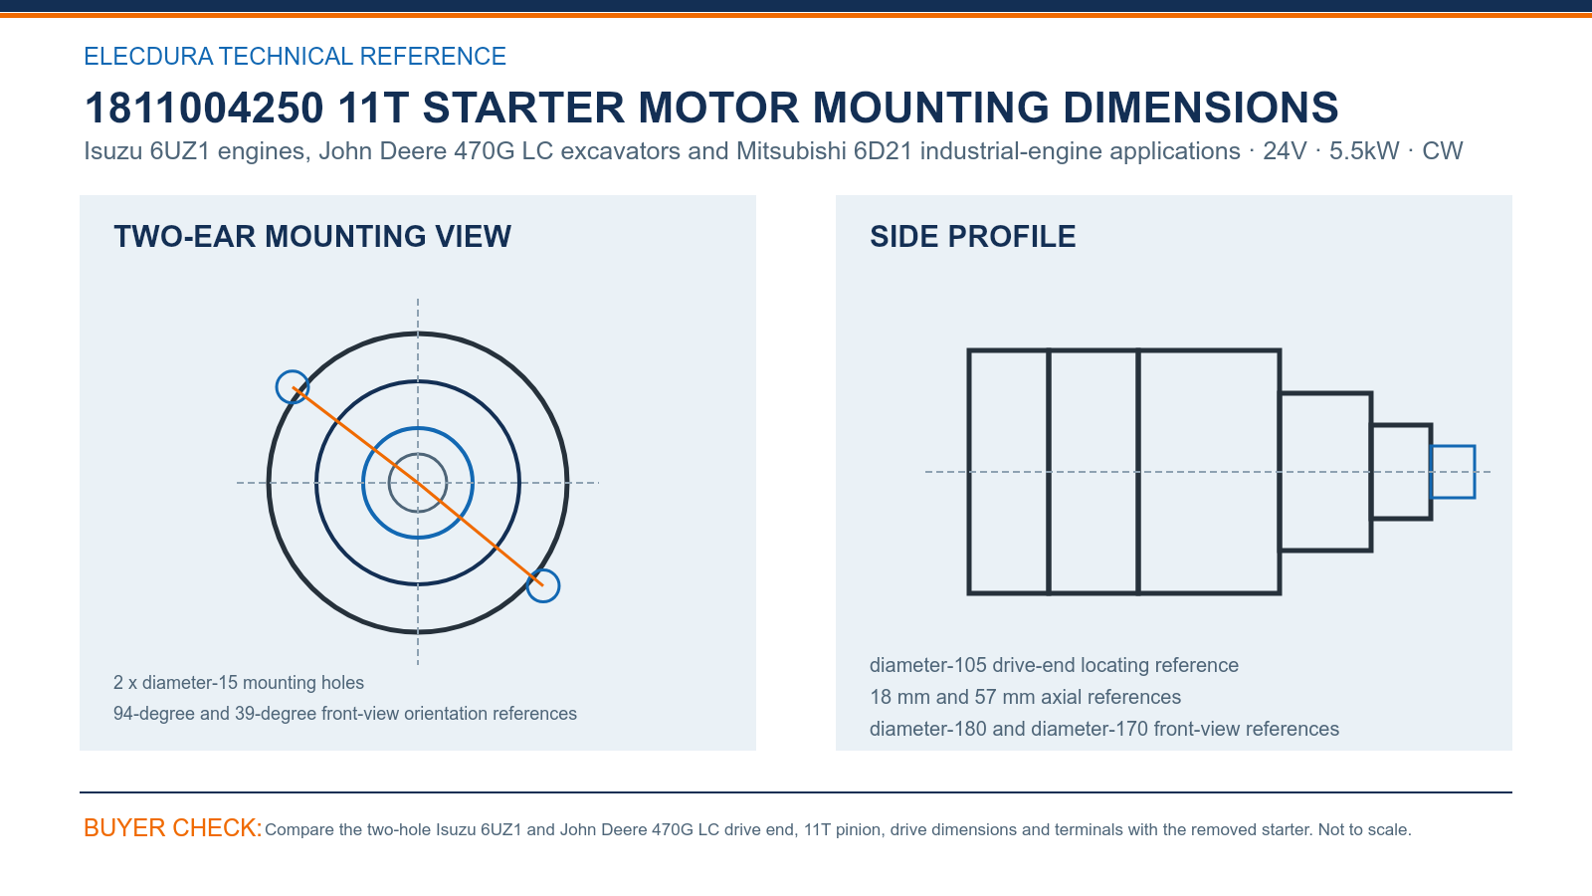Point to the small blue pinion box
1453,447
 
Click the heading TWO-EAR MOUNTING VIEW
312,237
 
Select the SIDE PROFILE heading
973,237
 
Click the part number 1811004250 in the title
204,109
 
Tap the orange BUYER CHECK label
173,827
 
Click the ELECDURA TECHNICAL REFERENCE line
295,56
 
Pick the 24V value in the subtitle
1285,150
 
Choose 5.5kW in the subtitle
1364,150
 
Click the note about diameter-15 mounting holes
239,683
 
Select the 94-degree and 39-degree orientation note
345,713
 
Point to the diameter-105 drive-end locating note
1054,665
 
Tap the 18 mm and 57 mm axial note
1026,697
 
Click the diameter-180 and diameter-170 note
1104,729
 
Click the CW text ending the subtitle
1442,150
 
